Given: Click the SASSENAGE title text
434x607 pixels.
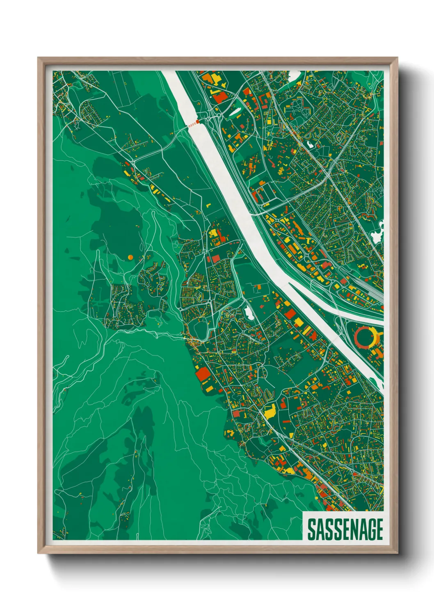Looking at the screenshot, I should click(x=345, y=529).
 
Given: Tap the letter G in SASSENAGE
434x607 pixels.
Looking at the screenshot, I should click(x=368, y=529).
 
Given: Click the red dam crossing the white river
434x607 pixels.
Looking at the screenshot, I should click(x=193, y=123).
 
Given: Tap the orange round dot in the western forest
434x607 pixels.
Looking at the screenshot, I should click(x=130, y=257).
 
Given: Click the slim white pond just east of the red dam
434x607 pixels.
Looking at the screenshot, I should click(x=234, y=112).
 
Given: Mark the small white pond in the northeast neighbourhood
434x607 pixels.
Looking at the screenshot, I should click(x=308, y=144).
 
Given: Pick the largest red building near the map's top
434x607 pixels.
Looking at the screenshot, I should click(x=219, y=97).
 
